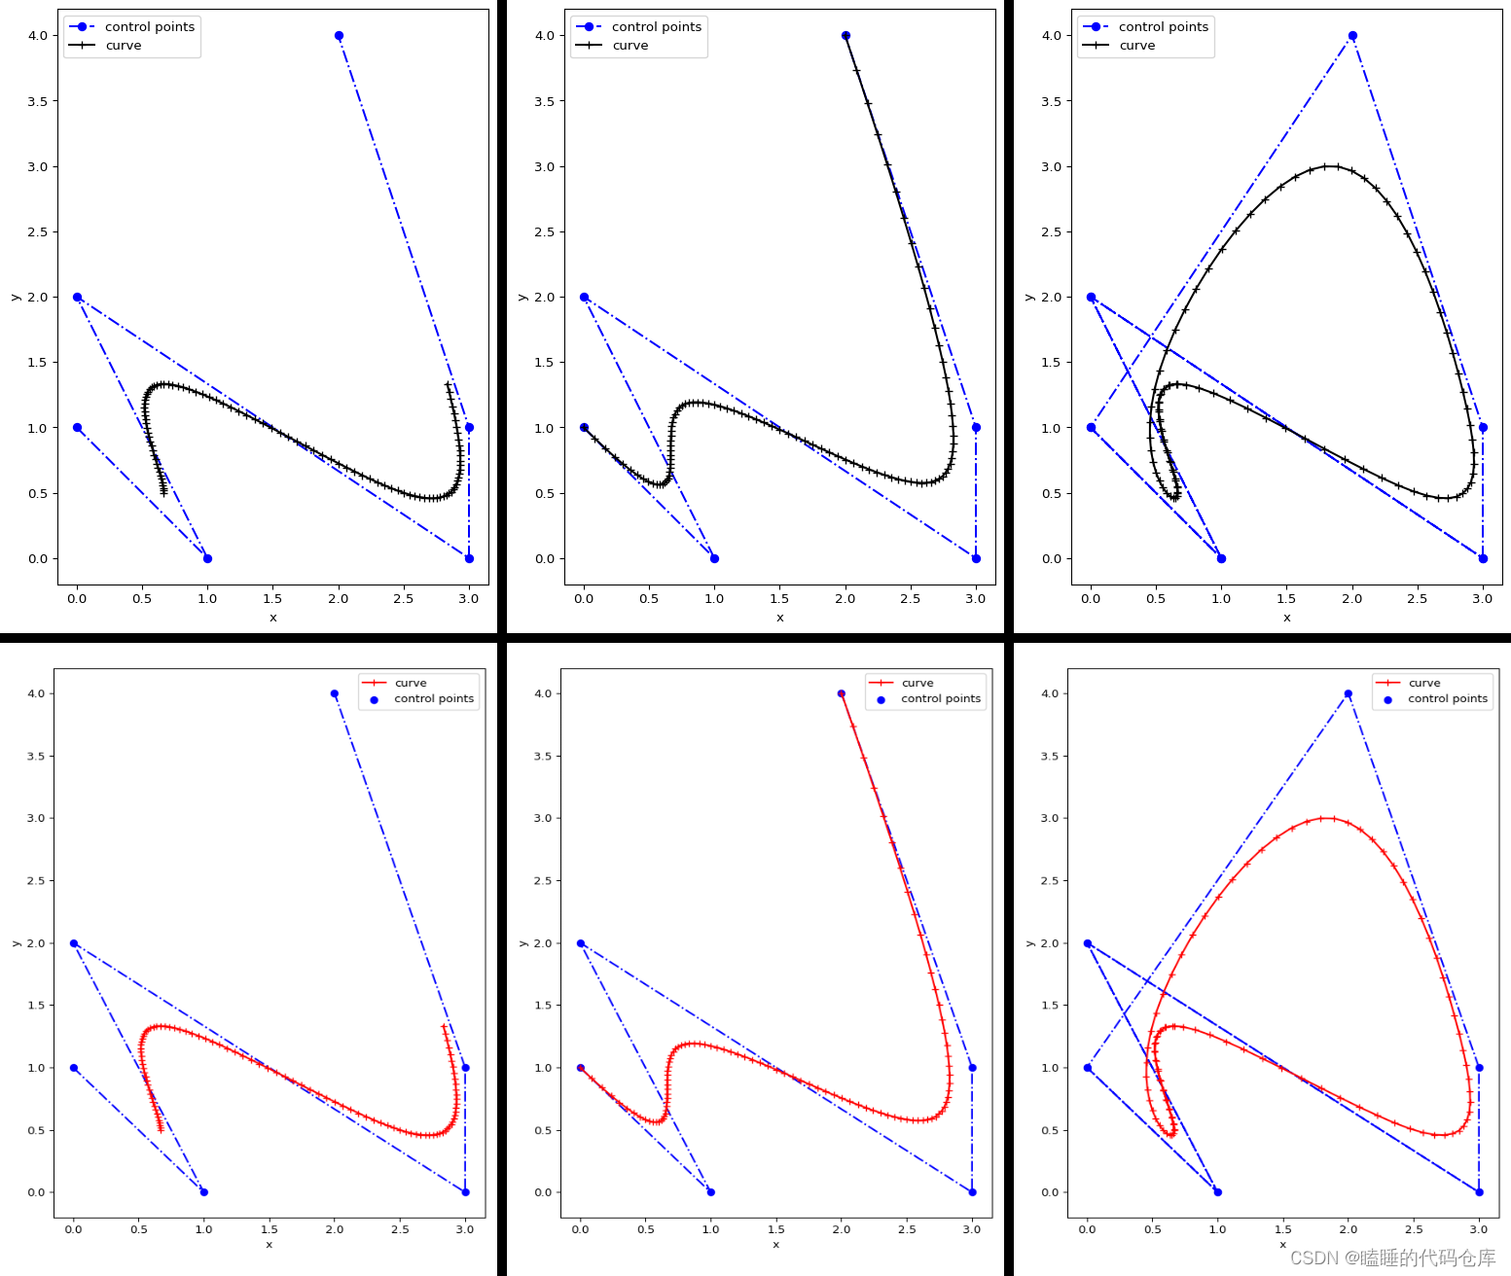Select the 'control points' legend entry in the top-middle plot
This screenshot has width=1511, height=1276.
coord(656,27)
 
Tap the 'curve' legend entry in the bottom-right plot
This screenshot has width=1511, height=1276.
coord(1423,683)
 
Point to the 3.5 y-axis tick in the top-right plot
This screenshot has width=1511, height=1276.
coord(1051,101)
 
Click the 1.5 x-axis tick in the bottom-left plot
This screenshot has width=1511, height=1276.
coord(270,1229)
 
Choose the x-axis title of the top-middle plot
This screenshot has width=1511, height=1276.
coord(779,618)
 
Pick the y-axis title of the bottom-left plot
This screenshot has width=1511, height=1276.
coord(16,942)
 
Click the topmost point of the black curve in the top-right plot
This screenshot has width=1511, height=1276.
coord(1330,166)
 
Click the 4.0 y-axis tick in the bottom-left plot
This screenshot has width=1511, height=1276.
coord(37,693)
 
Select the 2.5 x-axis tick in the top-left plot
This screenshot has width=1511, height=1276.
coord(403,599)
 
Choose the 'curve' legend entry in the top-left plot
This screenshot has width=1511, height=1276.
coord(124,46)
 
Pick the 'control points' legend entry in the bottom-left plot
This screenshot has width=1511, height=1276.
coord(433,698)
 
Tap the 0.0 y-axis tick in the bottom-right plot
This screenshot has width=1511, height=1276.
coord(1051,1192)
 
